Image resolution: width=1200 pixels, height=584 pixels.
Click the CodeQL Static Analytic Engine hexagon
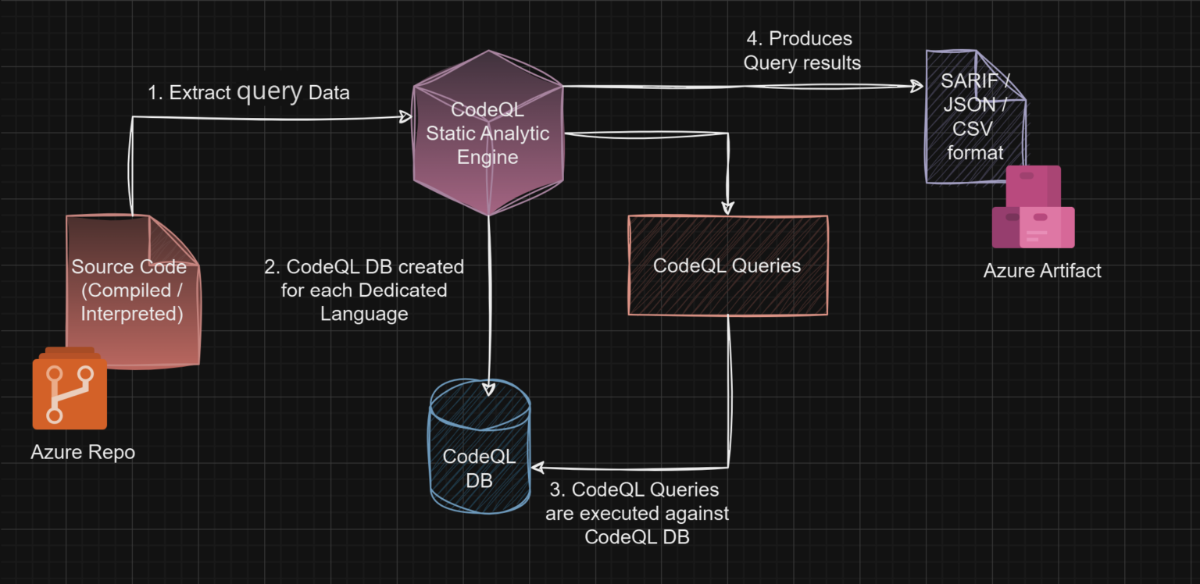point(487,134)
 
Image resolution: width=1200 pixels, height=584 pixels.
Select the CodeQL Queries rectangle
point(727,265)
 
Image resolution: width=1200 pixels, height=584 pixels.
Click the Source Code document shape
point(133,290)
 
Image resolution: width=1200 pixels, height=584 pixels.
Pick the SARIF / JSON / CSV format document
point(973,117)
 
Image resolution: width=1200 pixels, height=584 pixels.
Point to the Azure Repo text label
point(83,452)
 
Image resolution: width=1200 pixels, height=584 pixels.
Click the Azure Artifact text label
point(1042,271)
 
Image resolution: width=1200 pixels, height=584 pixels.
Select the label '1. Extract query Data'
point(248,92)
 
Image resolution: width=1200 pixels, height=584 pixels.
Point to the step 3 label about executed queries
point(637,513)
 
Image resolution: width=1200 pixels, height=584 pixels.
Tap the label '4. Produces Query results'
point(802,51)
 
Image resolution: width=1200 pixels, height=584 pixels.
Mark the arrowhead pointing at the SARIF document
point(916,87)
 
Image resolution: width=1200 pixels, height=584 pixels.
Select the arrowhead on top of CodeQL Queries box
point(727,208)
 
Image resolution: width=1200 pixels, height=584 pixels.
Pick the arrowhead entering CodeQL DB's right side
point(537,468)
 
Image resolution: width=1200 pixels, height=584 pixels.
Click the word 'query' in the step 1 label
point(270,92)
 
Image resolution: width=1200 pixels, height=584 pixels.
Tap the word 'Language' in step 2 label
point(364,314)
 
